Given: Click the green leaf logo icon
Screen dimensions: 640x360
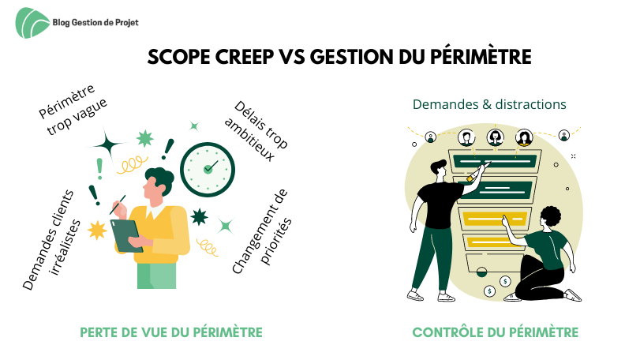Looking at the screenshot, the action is coord(32,23).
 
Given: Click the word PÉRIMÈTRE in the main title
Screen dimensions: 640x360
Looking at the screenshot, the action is coord(481,57).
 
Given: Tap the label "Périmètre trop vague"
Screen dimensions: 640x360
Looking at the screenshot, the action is coord(73,110).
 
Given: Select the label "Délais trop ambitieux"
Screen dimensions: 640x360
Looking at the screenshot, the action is coord(256,130).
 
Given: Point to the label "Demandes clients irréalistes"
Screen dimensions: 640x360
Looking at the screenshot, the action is coord(51,240).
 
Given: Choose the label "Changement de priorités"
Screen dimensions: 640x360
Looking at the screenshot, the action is coord(262,231).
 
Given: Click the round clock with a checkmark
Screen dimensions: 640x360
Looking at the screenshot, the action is coord(208,170).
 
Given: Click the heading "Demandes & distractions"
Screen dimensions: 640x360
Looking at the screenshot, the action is coord(489,104).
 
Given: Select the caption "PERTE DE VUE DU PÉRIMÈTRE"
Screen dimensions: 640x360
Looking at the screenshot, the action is coord(171,332).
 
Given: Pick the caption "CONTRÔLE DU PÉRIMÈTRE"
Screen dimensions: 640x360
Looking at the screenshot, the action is coord(496,332).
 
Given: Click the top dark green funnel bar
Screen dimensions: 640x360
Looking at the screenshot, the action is coord(495,162).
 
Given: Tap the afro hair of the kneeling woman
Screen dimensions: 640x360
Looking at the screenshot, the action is coord(551,216).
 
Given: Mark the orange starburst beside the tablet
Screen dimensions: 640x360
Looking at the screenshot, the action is coord(97,231).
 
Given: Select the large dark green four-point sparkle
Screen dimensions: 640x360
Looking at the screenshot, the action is coord(108,144).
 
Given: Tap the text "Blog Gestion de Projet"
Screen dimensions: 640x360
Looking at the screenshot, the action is coord(95,22).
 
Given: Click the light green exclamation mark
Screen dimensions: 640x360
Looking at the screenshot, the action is coord(99,169).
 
